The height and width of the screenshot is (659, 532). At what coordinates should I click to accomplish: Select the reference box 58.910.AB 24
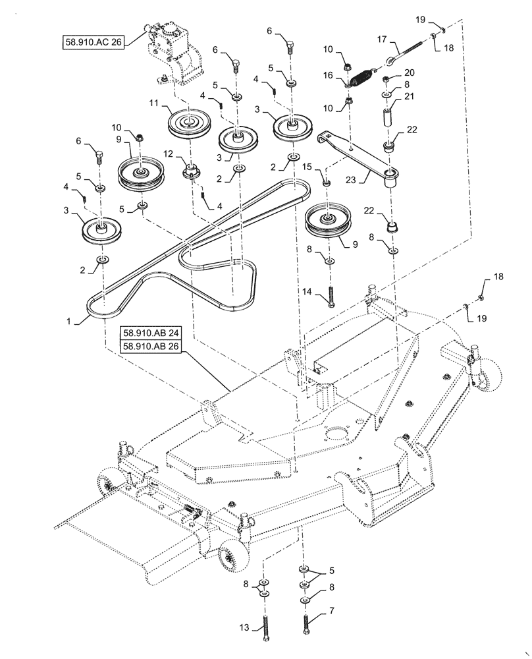(x=150, y=333)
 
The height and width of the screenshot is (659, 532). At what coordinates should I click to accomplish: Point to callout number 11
(x=153, y=103)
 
